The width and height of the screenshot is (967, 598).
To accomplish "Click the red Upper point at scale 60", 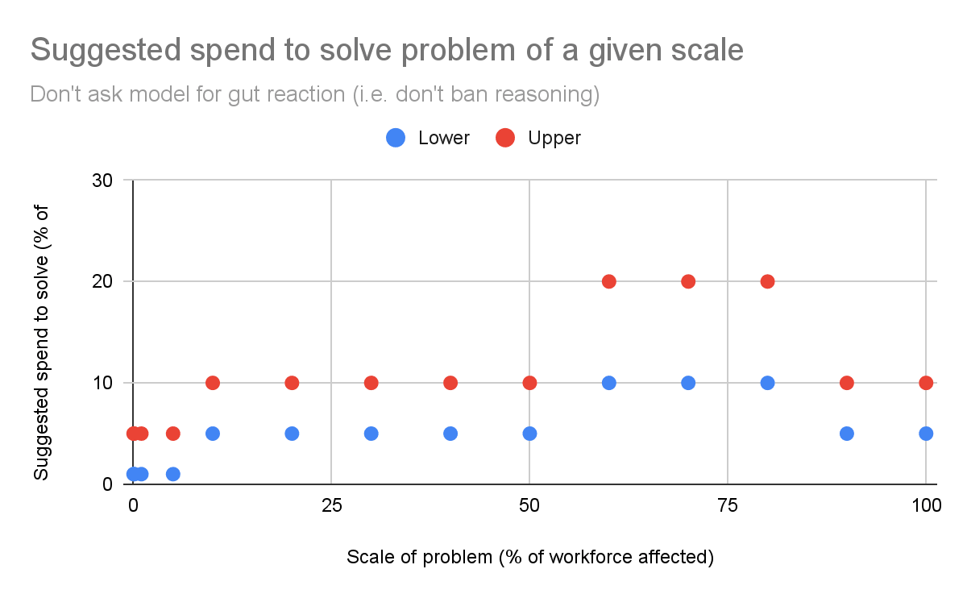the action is (x=608, y=281).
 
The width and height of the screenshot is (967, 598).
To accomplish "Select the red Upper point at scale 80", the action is (x=767, y=281).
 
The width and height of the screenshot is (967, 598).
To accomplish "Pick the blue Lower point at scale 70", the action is (x=688, y=383).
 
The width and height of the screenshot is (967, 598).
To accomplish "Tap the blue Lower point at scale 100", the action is (x=926, y=434).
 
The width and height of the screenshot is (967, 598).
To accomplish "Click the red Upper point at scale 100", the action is (x=926, y=383).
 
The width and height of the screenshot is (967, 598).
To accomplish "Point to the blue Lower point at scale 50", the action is (x=529, y=434).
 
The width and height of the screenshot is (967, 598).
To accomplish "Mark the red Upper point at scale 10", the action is (x=213, y=383).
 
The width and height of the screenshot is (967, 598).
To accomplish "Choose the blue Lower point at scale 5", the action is (x=172, y=474).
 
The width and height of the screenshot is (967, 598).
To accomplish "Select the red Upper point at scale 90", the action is (x=847, y=383).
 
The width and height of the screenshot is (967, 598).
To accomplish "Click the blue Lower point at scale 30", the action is (x=371, y=434).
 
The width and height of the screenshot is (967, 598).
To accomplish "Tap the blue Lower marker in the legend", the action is (x=396, y=138).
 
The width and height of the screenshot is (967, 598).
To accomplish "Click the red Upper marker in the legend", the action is (x=505, y=138).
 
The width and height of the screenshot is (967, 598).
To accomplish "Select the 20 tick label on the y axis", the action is (x=102, y=281).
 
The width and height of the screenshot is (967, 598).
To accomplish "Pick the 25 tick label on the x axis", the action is (x=331, y=505).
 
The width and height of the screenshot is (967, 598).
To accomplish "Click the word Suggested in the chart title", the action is (x=106, y=51).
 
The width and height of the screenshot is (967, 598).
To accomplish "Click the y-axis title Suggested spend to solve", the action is (x=41, y=343).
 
